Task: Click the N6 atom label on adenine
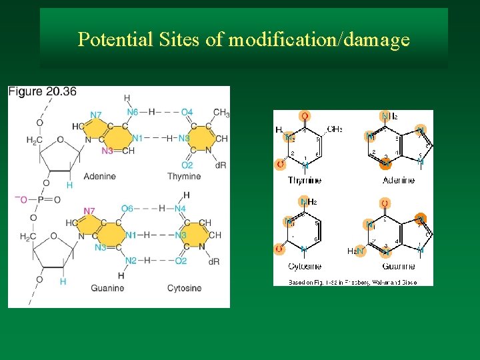click(x=132, y=112)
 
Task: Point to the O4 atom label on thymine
click(x=187, y=112)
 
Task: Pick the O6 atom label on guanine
click(x=127, y=209)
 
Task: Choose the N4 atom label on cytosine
click(x=180, y=209)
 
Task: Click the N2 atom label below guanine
click(x=131, y=261)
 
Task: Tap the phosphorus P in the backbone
click(x=39, y=199)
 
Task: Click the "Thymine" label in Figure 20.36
click(x=184, y=176)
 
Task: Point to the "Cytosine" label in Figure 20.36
click(x=184, y=288)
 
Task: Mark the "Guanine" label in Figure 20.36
click(x=107, y=288)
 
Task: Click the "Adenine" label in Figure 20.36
click(x=100, y=176)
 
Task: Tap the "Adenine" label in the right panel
click(x=398, y=181)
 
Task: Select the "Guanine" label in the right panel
click(x=398, y=266)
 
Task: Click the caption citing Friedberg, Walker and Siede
click(x=353, y=282)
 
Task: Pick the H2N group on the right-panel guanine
click(x=355, y=251)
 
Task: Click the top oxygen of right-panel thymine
click(x=305, y=116)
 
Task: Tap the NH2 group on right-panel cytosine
click(x=307, y=201)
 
